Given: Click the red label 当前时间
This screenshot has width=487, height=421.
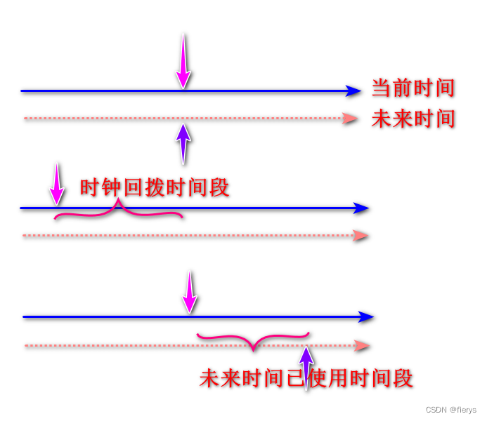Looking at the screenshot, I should pyautogui.click(x=413, y=88).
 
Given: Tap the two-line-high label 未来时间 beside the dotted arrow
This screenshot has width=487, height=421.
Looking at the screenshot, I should pyautogui.click(x=413, y=119).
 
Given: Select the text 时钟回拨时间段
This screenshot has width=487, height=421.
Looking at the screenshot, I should pyautogui.click(x=155, y=188).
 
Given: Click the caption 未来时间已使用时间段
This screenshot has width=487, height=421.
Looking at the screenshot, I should pyautogui.click(x=306, y=378).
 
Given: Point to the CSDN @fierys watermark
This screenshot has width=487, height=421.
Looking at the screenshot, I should pyautogui.click(x=450, y=410).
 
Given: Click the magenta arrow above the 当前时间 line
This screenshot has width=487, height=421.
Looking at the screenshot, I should pyautogui.click(x=183, y=62).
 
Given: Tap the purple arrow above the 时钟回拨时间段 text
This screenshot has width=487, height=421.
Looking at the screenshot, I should pyautogui.click(x=183, y=144).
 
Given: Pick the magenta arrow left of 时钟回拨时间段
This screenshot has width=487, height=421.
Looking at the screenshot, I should pyautogui.click(x=56, y=185).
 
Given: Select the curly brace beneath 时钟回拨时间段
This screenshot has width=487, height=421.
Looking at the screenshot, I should pyautogui.click(x=119, y=211).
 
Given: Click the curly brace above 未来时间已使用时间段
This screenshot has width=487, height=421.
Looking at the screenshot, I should pyautogui.click(x=253, y=341).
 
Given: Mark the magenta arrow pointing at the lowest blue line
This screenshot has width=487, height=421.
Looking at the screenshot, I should pyautogui.click(x=190, y=292).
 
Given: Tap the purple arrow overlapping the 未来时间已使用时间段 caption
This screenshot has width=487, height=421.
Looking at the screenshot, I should pyautogui.click(x=306, y=365).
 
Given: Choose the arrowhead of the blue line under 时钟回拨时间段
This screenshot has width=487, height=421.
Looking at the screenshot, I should pyautogui.click(x=361, y=208).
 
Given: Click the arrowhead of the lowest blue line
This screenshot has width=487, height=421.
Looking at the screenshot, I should pyautogui.click(x=366, y=317).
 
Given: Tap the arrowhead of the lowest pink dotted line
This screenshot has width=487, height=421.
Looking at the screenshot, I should pyautogui.click(x=363, y=345).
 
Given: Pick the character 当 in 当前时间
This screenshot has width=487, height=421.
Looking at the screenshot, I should pyautogui.click(x=382, y=88).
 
